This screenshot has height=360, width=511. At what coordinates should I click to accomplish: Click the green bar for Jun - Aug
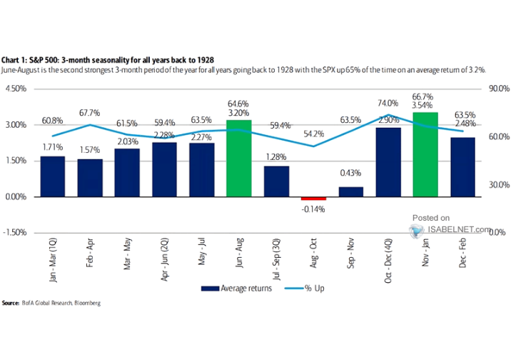pyautogui.click(x=238, y=159)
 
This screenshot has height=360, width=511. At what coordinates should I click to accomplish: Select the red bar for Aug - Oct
pyautogui.click(x=313, y=199)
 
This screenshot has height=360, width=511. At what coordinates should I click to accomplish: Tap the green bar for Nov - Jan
pyautogui.click(x=425, y=154)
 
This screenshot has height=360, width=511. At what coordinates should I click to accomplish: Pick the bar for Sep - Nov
pyautogui.click(x=350, y=191)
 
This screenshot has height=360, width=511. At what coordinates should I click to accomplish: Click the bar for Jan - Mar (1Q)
pyautogui.click(x=53, y=176)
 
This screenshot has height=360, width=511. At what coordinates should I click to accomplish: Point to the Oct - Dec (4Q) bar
pyautogui.click(x=388, y=162)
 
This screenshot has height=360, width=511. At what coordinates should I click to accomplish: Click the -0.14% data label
pyautogui.click(x=313, y=209)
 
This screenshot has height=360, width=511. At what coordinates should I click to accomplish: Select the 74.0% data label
pyautogui.click(x=388, y=103)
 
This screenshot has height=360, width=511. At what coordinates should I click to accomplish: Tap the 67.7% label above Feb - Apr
pyautogui.click(x=90, y=113)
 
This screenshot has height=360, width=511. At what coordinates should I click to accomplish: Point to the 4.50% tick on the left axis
pyautogui.click(x=16, y=89)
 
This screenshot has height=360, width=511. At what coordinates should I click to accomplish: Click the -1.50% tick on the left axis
pyautogui.click(x=15, y=233)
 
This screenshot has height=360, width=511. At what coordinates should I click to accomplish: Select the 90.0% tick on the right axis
pyautogui.click(x=497, y=89)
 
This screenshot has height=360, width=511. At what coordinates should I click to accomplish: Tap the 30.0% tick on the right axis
pyautogui.click(x=497, y=185)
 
